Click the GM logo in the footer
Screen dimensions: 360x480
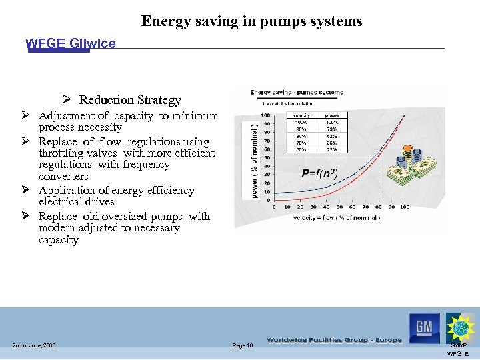425,327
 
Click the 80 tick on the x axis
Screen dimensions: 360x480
379,207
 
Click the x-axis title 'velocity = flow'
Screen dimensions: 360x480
337,218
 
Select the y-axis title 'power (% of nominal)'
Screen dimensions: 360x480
254,157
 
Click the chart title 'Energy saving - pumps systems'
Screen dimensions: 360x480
297,93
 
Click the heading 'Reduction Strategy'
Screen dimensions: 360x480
130,100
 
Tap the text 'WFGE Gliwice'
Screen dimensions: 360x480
70,43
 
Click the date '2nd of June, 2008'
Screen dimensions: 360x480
33,345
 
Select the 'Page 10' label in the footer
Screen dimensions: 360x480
242,345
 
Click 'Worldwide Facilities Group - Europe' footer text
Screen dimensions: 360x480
334,340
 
